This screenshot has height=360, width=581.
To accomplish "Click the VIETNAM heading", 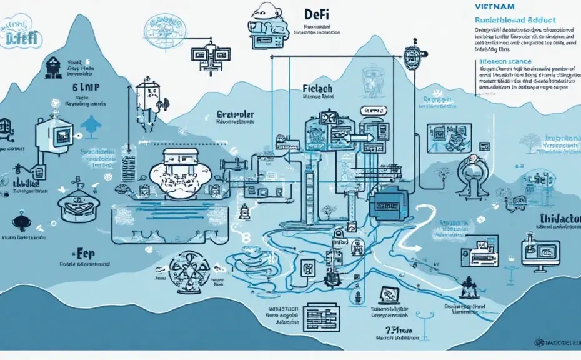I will [x=494, y=6].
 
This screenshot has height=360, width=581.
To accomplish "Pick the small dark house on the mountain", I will [x=53, y=65].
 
